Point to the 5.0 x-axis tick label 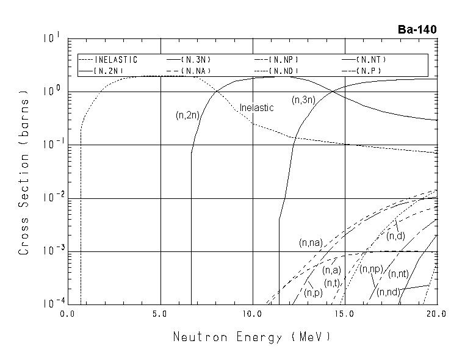(x=160, y=314)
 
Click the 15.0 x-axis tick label (x=345, y=314)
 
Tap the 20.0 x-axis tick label (x=437, y=314)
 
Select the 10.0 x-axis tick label (x=253, y=314)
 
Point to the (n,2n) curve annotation (x=186, y=114)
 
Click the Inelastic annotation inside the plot (x=256, y=107)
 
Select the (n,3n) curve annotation (x=303, y=99)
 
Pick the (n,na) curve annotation (x=311, y=243)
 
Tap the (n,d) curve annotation (x=395, y=236)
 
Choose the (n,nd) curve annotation (x=388, y=292)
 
